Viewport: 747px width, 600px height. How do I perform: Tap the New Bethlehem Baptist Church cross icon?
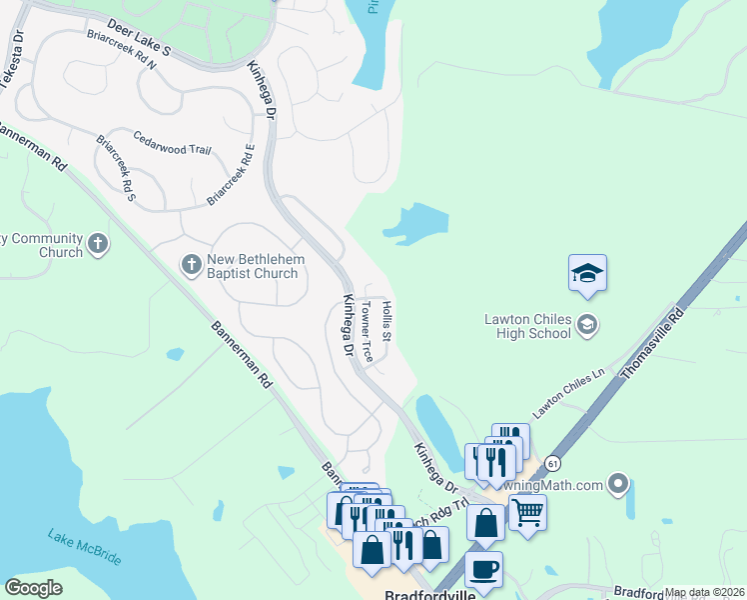[x=191, y=264]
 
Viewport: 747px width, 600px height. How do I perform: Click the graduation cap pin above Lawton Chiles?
[x=587, y=273]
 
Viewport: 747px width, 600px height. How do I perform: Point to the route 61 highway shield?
[x=553, y=464]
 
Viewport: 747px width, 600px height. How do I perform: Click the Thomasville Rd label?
[x=652, y=343]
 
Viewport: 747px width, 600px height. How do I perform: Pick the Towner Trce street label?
[x=368, y=331]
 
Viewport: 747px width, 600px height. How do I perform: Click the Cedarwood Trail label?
[x=172, y=149]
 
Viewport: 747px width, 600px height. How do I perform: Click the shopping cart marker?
[x=527, y=512]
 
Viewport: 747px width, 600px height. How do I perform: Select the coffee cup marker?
[x=484, y=569]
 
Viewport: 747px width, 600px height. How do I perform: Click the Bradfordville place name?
[x=426, y=592]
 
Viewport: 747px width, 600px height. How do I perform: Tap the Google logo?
[x=34, y=588]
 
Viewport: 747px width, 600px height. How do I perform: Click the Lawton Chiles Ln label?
[x=569, y=392]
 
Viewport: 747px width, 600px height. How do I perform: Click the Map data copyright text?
[x=703, y=592]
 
